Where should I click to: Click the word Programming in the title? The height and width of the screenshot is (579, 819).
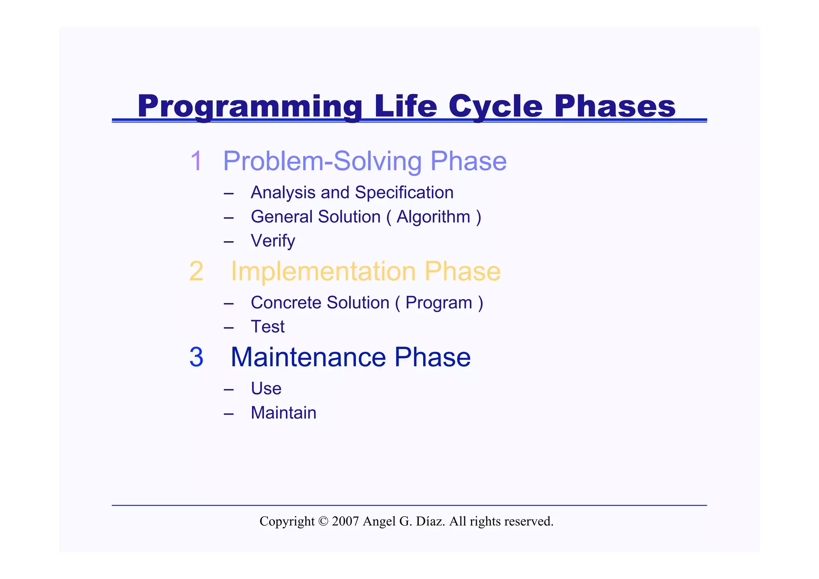point(250,106)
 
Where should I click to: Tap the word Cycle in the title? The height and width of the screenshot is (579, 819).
point(495,106)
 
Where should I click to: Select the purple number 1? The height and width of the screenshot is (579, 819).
point(196,161)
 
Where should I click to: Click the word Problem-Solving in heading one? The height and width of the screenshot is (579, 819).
point(322,161)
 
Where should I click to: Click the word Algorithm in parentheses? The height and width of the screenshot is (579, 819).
point(433,217)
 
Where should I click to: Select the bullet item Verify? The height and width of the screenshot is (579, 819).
point(273,241)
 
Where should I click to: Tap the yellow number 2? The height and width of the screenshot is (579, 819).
point(196,272)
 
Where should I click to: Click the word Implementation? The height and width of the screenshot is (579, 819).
point(323,272)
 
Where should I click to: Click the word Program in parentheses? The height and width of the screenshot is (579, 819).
point(439,303)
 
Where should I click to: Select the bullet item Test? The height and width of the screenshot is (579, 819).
point(268,327)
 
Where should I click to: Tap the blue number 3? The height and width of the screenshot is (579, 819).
point(196,357)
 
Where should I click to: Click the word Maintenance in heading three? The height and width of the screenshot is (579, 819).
point(308,357)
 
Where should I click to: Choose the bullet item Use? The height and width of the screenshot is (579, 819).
point(266,389)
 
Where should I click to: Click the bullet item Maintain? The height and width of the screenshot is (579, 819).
point(283,413)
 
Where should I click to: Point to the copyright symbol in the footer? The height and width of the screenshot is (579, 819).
point(323,521)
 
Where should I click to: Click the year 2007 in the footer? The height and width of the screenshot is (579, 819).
point(345,521)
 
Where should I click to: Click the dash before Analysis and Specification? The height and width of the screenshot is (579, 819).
point(229,194)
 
